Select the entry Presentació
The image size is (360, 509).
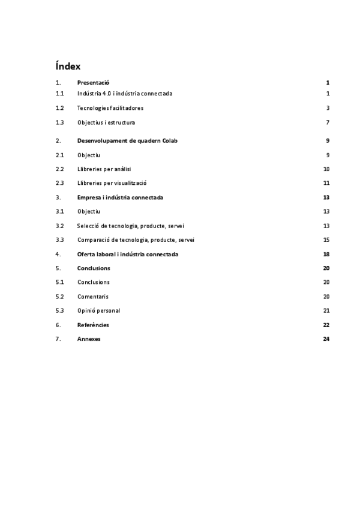[93, 82]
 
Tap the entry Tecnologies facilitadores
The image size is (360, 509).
[110, 108]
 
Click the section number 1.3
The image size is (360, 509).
[59, 122]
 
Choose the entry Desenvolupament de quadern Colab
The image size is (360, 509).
[127, 140]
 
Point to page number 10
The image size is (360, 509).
[326, 169]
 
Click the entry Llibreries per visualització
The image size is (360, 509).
[112, 183]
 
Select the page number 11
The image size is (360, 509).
[326, 183]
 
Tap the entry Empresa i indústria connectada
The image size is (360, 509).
[120, 197]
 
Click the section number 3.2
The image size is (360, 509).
[59, 226]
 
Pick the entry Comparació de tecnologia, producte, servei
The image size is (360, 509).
[136, 240]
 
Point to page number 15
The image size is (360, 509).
[326, 240]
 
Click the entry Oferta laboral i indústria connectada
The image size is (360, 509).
[127, 254]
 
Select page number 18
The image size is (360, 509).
[326, 254]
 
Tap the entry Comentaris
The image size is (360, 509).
[93, 297]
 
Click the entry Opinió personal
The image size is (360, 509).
[98, 311]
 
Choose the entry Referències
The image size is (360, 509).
[93, 325]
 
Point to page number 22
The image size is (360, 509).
[326, 325]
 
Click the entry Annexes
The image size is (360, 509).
[89, 339]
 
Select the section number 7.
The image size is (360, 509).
[58, 339]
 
